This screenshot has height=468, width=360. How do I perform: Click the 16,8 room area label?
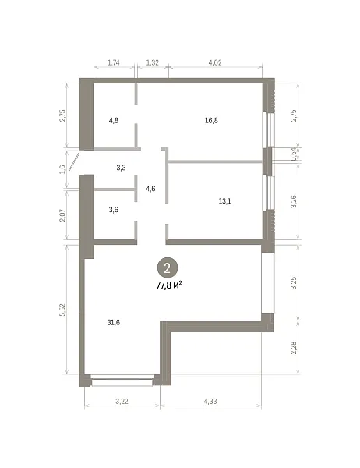(x=211, y=121)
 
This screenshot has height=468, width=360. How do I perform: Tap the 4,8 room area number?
(x=114, y=121)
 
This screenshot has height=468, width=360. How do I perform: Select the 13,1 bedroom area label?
(x=224, y=201)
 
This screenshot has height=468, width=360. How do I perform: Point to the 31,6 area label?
(x=113, y=323)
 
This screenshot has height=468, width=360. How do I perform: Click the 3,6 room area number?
(x=113, y=210)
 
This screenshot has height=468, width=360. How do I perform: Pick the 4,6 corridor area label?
(x=150, y=189)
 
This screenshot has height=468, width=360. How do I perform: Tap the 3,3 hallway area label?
(x=121, y=168)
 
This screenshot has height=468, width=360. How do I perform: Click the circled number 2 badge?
(x=168, y=268)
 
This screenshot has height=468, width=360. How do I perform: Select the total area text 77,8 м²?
(x=169, y=285)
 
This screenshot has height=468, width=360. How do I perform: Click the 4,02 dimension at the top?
(x=215, y=62)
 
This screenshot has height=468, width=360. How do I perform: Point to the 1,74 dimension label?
(x=114, y=62)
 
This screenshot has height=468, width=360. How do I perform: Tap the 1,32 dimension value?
(x=152, y=62)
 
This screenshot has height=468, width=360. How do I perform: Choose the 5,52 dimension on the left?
(x=62, y=310)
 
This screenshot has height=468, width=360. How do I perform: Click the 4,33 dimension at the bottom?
(x=210, y=402)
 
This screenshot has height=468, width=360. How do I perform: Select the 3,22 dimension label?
(x=122, y=402)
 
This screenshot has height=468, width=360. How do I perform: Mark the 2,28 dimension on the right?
(x=294, y=348)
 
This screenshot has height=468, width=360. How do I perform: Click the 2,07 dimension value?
(x=62, y=215)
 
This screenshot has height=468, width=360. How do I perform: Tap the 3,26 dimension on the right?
(x=294, y=201)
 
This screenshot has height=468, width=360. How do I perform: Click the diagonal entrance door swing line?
(x=74, y=161)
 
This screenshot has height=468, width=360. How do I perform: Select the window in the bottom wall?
(x=122, y=382)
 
